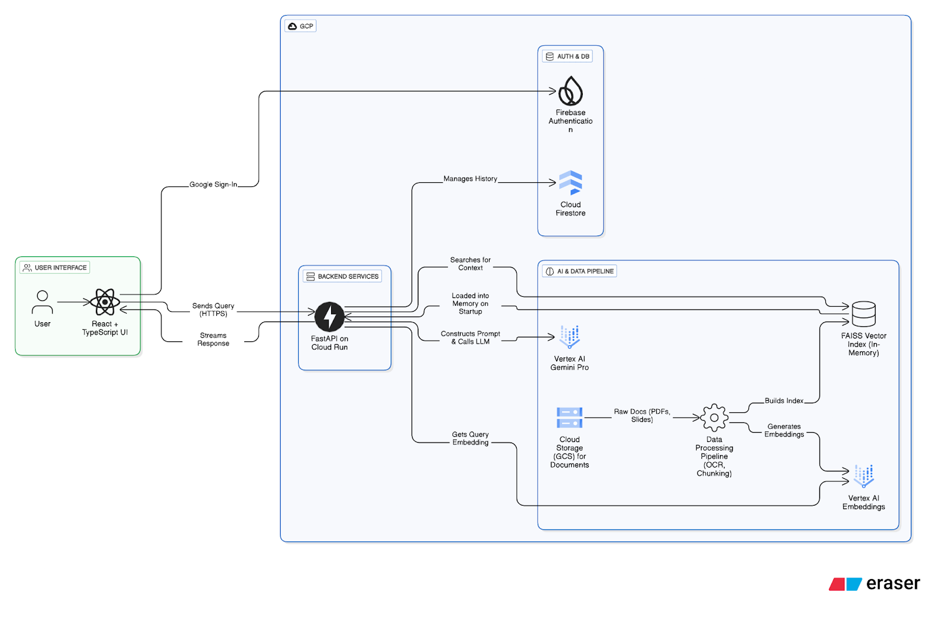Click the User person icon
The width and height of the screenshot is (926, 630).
point(42,302)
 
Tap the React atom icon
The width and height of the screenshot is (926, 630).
point(105,302)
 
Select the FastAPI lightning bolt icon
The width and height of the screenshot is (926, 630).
point(329,316)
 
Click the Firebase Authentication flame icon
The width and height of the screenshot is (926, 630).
point(571,91)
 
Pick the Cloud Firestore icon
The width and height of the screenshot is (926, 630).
point(571,183)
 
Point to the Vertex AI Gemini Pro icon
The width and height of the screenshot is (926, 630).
point(569,337)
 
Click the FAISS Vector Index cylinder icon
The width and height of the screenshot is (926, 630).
point(863,314)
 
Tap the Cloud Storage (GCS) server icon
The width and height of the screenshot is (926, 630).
point(569,418)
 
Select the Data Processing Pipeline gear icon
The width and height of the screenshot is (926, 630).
point(714,418)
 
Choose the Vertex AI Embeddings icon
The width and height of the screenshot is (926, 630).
point(863,476)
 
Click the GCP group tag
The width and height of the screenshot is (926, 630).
point(301,26)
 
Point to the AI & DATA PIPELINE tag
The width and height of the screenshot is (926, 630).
point(579,271)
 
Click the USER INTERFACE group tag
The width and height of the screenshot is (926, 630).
point(55,268)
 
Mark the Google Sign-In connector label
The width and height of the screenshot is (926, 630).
point(213,185)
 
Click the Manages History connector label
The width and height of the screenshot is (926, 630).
point(470,179)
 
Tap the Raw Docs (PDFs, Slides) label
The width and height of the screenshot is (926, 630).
point(642,415)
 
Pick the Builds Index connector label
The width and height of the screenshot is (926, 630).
point(784,401)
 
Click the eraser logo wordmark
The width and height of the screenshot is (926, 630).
point(892,584)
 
